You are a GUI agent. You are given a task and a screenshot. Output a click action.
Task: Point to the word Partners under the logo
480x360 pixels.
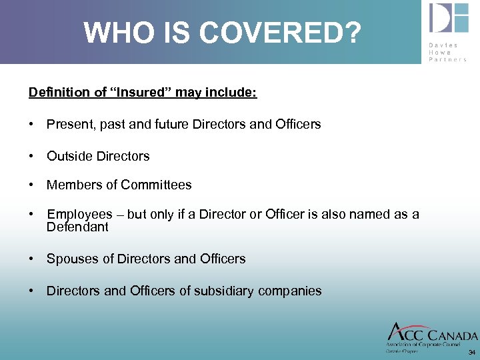(448, 59)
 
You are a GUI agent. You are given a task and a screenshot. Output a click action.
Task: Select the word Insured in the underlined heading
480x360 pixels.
(143, 92)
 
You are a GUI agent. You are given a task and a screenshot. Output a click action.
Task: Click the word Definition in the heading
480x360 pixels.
(60, 92)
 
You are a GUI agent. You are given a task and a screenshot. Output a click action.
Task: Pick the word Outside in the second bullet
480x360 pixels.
(69, 156)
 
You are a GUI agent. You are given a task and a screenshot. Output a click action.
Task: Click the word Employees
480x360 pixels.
(79, 214)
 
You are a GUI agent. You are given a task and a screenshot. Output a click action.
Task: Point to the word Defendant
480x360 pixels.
(77, 227)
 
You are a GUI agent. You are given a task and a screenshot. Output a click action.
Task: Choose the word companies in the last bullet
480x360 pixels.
(295, 291)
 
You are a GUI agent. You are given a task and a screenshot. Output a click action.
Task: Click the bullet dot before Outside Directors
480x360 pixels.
(32, 156)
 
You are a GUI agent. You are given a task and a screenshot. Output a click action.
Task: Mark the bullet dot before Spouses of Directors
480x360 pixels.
(32, 259)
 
